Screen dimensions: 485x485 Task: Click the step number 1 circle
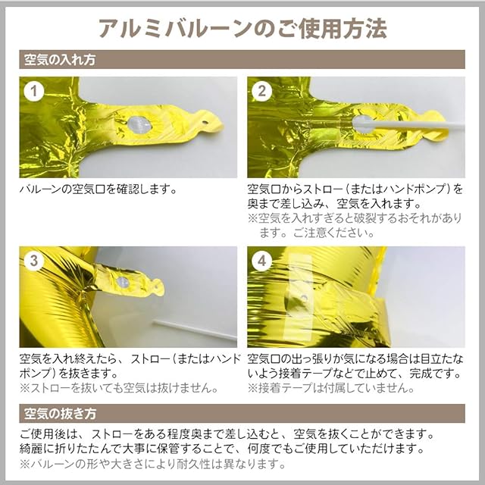33,91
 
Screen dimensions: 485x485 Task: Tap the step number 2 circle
261,91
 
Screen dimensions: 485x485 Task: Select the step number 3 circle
33,261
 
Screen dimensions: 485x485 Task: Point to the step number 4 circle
261,261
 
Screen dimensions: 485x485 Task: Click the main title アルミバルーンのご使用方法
242,29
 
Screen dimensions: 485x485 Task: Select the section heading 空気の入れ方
60,59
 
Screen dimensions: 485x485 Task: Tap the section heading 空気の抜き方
60,413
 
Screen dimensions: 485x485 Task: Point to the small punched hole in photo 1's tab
205,123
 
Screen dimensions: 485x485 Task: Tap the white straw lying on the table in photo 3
195,330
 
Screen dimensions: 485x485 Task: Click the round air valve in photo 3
123,282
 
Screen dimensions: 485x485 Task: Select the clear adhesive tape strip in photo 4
297,296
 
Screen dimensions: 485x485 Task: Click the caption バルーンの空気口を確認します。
98,189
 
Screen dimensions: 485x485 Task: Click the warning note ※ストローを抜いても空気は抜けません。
119,388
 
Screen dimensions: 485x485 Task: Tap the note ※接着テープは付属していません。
331,388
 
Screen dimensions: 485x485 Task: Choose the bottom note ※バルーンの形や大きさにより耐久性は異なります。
152,464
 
